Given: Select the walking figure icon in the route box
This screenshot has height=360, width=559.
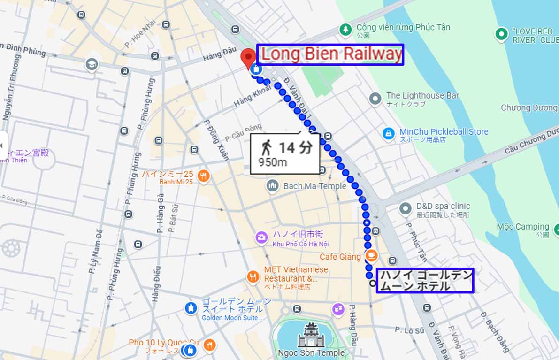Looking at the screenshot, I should coord(266,148).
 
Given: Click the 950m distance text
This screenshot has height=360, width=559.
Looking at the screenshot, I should coord(273,162).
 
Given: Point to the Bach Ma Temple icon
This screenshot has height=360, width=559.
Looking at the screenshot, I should coord(273,186).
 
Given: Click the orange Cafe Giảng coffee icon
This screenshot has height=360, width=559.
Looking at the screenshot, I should coord(371,255).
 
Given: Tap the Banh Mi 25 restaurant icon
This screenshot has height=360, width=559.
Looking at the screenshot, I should coord(203,176).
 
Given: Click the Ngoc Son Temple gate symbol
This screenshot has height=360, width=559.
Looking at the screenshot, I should coord(311,334).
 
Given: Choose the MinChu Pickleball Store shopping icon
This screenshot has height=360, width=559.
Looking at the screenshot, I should coord(388,134).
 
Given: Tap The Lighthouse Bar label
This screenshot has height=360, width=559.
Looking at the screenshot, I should coord(422,96).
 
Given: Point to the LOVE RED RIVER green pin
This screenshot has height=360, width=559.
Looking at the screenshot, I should coord(502,34).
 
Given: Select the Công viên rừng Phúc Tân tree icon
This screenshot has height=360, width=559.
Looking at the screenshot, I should coord(346,29).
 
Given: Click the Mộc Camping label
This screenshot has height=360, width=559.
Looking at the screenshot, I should coord(522,227).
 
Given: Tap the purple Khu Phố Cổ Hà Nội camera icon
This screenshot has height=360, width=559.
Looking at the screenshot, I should coord(261,237).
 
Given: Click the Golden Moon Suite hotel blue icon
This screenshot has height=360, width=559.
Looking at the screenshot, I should coord(191,308).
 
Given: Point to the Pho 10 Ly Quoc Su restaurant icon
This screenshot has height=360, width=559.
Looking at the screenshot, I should coord(210,345).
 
